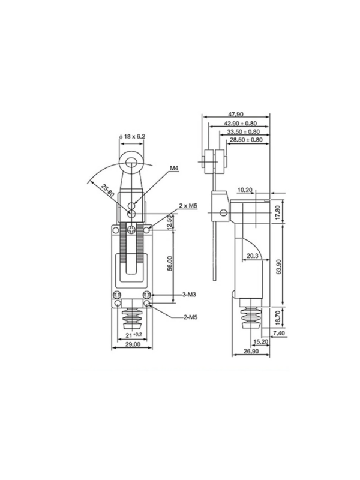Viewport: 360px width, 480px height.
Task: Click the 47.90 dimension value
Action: pyautogui.click(x=236, y=114)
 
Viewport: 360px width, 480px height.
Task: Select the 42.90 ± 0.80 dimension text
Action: pyautogui.click(x=241, y=124)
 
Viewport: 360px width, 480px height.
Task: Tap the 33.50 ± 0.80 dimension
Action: pyautogui.click(x=244, y=131)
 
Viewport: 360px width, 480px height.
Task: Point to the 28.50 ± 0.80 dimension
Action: pyautogui.click(x=247, y=140)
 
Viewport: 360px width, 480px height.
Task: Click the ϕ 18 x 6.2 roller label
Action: pyautogui.click(x=132, y=136)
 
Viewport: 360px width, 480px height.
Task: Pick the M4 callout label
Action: pyautogui.click(x=175, y=168)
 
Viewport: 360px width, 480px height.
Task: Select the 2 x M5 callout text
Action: pyautogui.click(x=188, y=206)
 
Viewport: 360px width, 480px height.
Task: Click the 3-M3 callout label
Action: pyautogui.click(x=189, y=295)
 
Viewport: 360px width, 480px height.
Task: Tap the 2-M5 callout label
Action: pyautogui.click(x=190, y=317)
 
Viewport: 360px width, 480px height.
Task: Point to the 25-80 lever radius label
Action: pyautogui.click(x=108, y=191)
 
